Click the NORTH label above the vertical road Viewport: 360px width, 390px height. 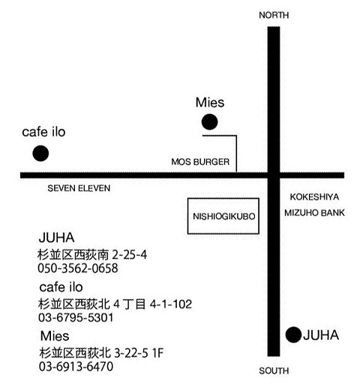[x=274, y=15]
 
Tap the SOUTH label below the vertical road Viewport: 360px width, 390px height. [x=274, y=370]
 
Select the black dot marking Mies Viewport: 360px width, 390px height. [x=209, y=122]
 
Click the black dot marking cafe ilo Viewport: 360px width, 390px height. [x=40, y=153]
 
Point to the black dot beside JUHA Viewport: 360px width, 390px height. [x=293, y=334]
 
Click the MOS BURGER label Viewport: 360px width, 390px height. [x=200, y=162]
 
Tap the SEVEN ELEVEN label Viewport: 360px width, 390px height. [x=79, y=188]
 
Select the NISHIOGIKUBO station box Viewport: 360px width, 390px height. [x=223, y=199]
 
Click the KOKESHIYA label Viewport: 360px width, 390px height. [x=314, y=197]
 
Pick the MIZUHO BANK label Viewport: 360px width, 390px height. [x=314, y=213]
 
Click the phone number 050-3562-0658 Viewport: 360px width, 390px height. [x=78, y=268]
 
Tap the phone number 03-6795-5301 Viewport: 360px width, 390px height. [x=76, y=317]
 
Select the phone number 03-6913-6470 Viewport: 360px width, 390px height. [x=76, y=367]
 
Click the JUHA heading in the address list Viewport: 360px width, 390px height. [x=57, y=238]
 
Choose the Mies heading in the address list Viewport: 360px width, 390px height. [x=55, y=336]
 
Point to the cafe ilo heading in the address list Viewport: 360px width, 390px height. [x=61, y=287]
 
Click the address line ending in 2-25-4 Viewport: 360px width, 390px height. [x=92, y=255]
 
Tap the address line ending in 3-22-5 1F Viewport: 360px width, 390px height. [x=101, y=353]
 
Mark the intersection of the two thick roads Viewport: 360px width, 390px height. [x=274, y=175]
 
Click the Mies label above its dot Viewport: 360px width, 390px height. [x=210, y=103]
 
